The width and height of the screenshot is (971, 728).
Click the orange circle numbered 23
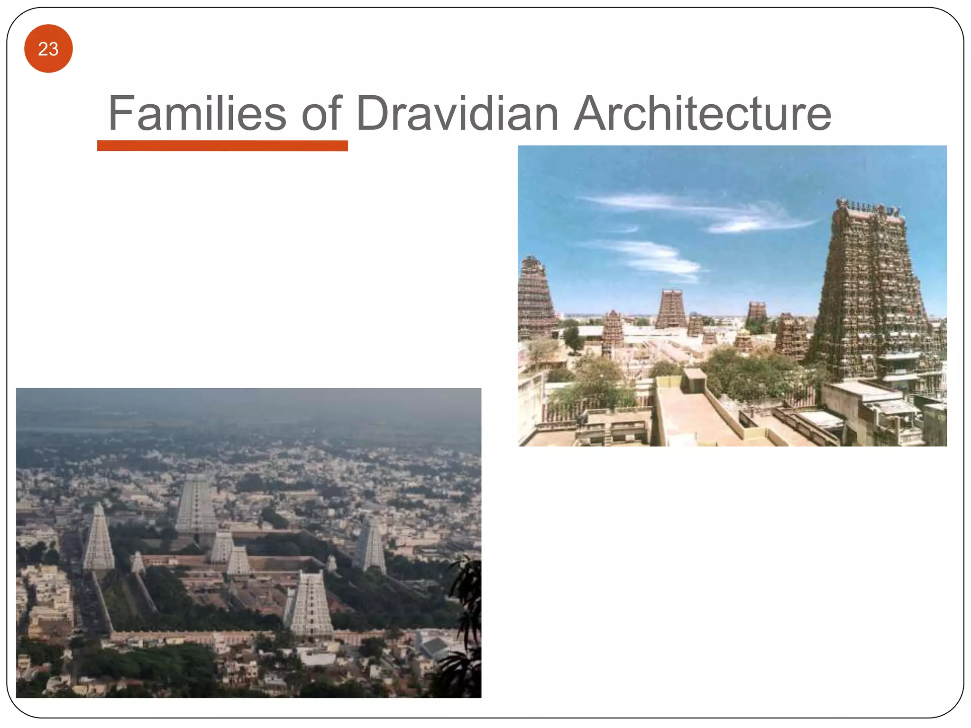[x=48, y=49]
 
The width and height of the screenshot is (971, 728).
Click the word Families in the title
[x=197, y=113]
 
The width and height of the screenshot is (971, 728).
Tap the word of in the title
[x=321, y=113]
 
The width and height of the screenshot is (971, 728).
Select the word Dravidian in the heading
[x=457, y=113]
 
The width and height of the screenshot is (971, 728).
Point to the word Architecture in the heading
[x=702, y=113]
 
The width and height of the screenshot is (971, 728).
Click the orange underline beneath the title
[x=222, y=146]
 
